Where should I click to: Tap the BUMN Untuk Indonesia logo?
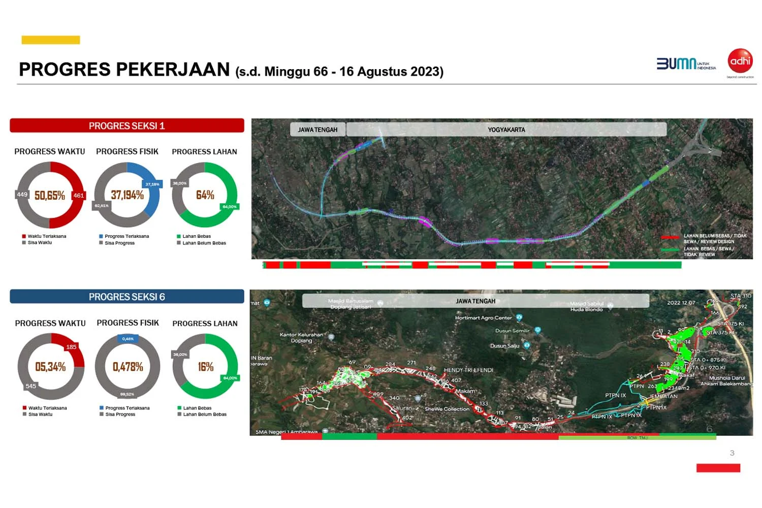click(x=686, y=63)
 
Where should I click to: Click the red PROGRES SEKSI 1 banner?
click(x=127, y=125)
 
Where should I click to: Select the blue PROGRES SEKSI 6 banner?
click(x=127, y=297)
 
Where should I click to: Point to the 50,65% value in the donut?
click(x=50, y=196)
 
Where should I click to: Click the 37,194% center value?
click(x=128, y=195)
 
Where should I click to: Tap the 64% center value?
click(x=205, y=195)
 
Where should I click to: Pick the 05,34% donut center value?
click(x=50, y=367)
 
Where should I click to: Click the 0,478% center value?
click(x=128, y=367)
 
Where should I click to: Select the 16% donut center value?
click(x=206, y=367)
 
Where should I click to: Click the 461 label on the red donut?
click(x=79, y=196)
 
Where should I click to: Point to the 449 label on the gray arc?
click(x=22, y=195)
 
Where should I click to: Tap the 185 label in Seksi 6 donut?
click(x=71, y=347)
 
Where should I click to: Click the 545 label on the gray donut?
click(x=31, y=386)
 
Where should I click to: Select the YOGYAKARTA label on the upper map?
click(x=506, y=130)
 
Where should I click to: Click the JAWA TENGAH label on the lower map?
click(x=475, y=301)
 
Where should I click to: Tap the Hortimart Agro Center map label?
click(x=484, y=318)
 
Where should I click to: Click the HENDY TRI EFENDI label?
click(x=468, y=370)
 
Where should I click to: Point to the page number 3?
click(x=732, y=453)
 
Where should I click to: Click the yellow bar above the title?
click(x=51, y=40)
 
